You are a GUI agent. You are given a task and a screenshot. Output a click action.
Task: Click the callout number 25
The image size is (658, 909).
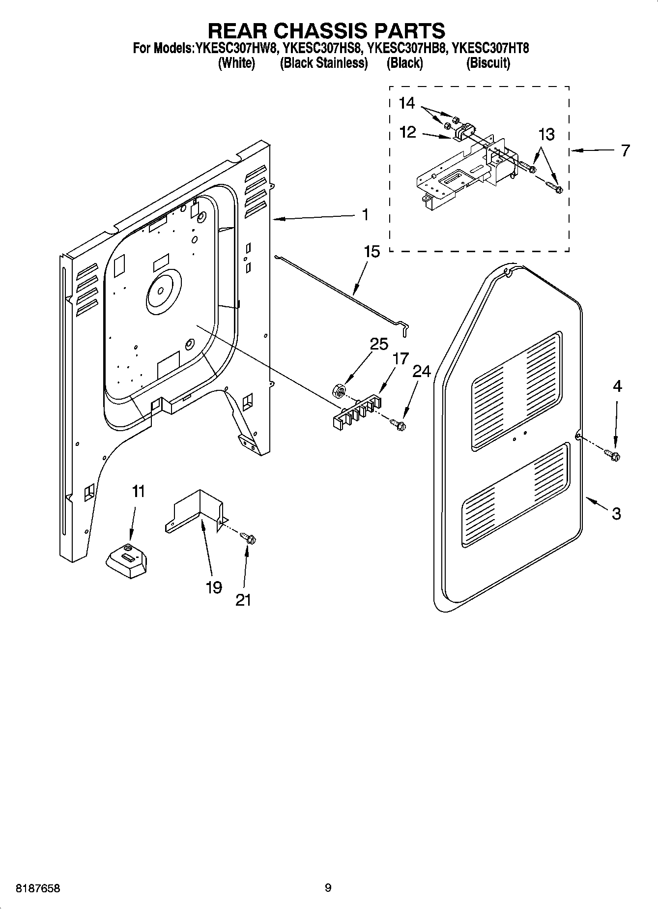[x=378, y=344]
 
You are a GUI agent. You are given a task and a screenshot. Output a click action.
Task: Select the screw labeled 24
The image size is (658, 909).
[x=398, y=423]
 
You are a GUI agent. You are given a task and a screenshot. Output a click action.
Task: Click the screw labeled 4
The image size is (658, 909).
[x=613, y=455]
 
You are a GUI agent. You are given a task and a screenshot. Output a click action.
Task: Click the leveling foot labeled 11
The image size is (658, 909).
[x=127, y=562]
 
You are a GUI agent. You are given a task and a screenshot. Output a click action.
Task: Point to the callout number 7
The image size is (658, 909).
[x=625, y=150]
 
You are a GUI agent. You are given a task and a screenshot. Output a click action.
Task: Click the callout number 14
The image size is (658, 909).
[x=406, y=103]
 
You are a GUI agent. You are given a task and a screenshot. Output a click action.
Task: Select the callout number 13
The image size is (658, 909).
[x=546, y=134]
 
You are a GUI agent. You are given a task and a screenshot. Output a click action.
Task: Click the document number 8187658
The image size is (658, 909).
[x=31, y=888]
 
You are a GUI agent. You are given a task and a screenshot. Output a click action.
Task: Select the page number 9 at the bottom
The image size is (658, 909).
[x=328, y=888]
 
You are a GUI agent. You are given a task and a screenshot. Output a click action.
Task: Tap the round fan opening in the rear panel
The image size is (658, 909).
[x=163, y=293]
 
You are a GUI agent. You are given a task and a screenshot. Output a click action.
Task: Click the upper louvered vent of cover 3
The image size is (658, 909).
[x=515, y=391]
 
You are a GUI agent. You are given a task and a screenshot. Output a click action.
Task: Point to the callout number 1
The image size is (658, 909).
[x=365, y=215]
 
